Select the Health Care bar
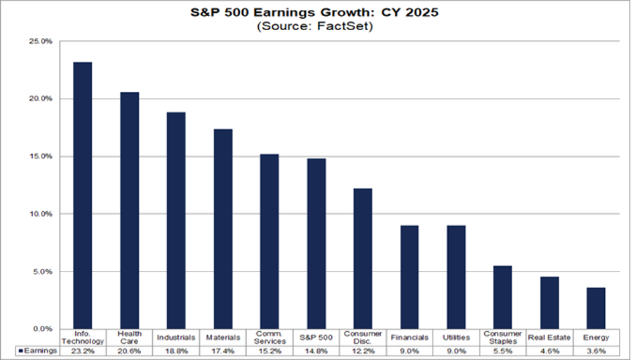[x=129, y=211]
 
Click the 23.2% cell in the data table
[x=82, y=351]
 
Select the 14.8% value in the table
[x=316, y=351]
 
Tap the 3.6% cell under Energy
[x=595, y=351]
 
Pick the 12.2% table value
[x=363, y=351]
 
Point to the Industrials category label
[x=176, y=338]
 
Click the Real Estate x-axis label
[x=549, y=338]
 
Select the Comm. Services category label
[x=269, y=337]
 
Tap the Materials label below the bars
[x=223, y=338]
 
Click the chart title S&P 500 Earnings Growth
[x=314, y=13]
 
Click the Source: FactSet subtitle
[x=314, y=27]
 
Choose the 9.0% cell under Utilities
[x=456, y=351]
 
